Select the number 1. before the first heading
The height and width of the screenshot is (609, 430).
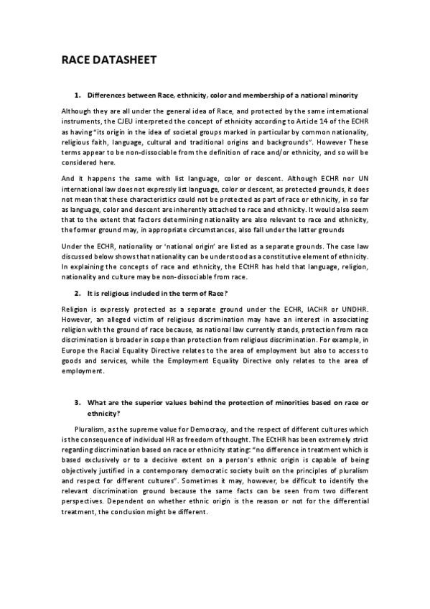(x=78, y=96)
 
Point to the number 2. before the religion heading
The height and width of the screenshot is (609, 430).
(x=78, y=294)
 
